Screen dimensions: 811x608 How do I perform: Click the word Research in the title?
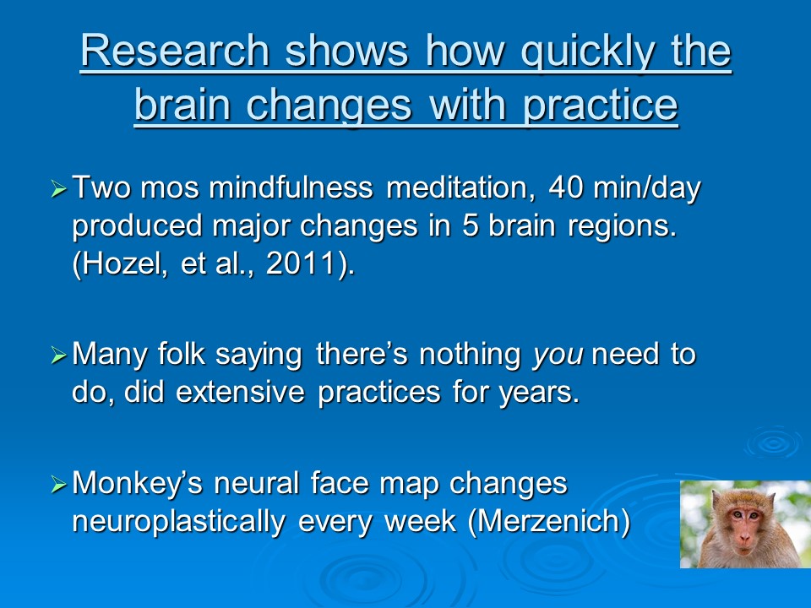tap(175, 51)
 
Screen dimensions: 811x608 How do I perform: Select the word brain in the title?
tap(182, 105)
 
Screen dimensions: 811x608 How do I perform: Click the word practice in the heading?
tap(600, 106)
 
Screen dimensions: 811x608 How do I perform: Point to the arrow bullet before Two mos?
tap(59, 188)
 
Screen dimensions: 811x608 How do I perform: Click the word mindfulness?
tap(291, 187)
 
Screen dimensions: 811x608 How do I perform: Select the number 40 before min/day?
tap(566, 187)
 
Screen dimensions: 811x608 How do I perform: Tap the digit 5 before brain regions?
tap(470, 226)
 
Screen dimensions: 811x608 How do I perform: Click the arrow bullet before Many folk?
tap(59, 356)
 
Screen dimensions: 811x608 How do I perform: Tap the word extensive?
tap(241, 392)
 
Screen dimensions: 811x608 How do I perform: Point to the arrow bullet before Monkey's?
tap(59, 485)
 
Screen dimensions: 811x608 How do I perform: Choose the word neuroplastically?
tap(179, 522)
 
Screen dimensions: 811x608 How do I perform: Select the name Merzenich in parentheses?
tap(548, 521)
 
